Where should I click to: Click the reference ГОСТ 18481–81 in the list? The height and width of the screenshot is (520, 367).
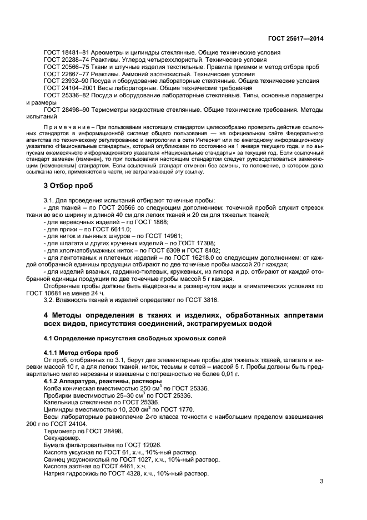[63, 52]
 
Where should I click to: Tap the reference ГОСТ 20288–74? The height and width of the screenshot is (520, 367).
[63, 60]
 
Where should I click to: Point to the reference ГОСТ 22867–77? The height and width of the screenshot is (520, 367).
[63, 73]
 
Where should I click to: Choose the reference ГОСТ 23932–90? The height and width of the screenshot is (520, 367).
[63, 81]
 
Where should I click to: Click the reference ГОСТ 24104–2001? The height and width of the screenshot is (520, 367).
[66, 88]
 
